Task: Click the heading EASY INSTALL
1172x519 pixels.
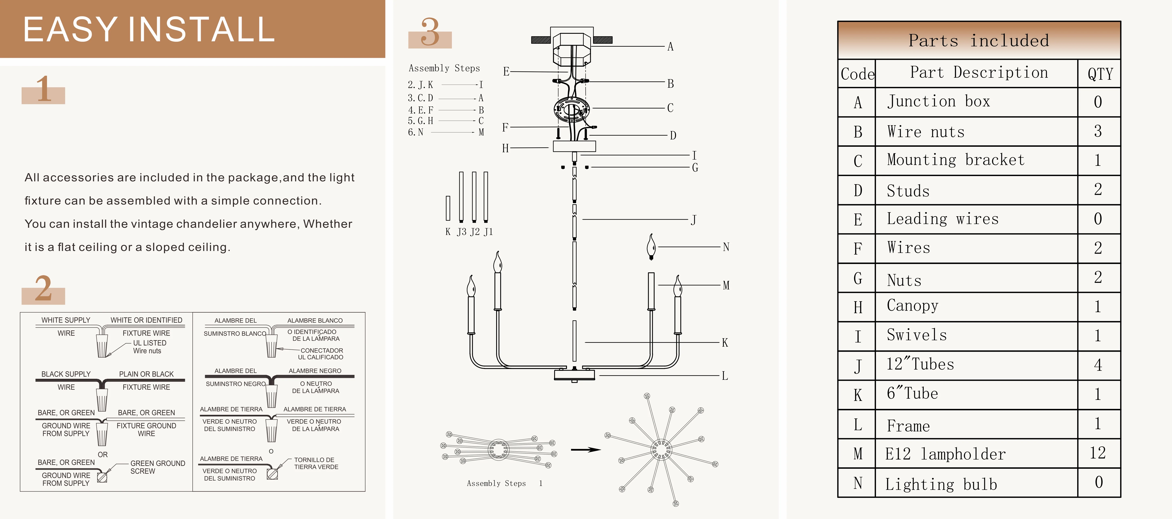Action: (x=149, y=29)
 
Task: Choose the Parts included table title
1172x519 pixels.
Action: (x=979, y=41)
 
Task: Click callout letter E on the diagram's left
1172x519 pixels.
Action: (x=506, y=71)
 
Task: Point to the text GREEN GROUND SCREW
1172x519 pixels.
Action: (x=157, y=467)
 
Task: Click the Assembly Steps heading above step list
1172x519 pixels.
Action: (x=444, y=68)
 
